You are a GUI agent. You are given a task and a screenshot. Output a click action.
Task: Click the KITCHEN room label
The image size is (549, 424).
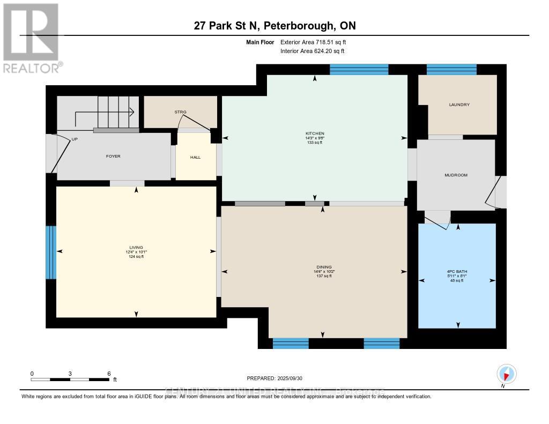(315, 133)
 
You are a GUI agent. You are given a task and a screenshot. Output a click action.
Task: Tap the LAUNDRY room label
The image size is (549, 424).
(459, 105)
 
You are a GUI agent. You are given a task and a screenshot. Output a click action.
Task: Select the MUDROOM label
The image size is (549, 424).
(456, 175)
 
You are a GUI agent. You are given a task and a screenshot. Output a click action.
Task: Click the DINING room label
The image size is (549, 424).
(323, 267)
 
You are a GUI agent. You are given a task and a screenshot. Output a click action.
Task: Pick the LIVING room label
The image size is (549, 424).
(136, 247)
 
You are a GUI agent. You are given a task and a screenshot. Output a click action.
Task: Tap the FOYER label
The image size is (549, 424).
(113, 156)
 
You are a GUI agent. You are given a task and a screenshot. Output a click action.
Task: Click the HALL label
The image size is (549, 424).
(196, 158)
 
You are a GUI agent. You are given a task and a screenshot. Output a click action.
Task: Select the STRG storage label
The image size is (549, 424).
(180, 112)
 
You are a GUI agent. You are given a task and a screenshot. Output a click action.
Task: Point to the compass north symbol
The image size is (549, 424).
(507, 374)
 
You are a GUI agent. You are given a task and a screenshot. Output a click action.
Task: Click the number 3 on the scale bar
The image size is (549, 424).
(70, 373)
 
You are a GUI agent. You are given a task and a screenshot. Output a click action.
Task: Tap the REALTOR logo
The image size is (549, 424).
(31, 38)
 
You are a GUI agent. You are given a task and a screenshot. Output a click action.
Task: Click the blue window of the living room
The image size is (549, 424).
(50, 252)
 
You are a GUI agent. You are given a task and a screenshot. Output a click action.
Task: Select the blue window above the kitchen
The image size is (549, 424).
(359, 69)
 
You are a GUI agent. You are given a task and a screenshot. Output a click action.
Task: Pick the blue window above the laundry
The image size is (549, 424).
(451, 69)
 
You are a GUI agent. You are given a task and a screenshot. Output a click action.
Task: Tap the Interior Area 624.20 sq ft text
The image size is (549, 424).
(312, 51)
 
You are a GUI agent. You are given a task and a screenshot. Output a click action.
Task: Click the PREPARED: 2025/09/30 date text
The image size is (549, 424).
(274, 378)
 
